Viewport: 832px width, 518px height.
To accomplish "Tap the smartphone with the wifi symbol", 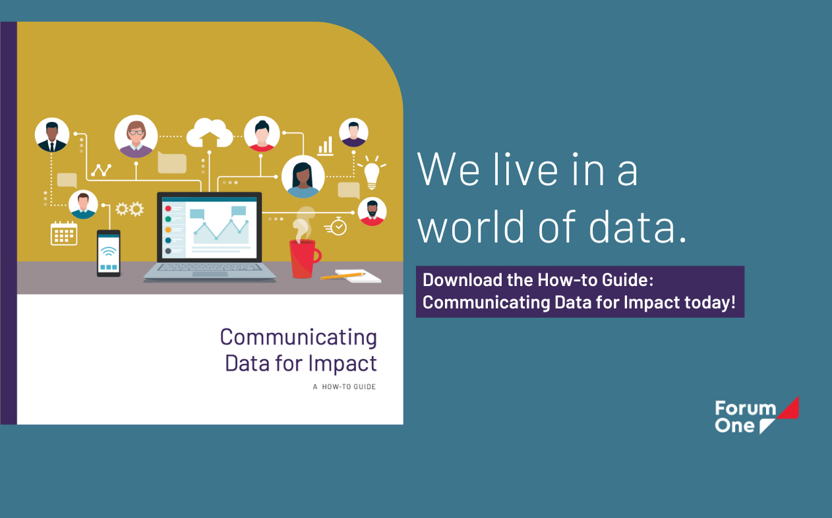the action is (x=109, y=253).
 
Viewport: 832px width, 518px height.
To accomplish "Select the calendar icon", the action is (x=64, y=233).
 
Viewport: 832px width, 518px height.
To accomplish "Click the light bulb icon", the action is (x=372, y=173).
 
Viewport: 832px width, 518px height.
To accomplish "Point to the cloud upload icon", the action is (x=210, y=133).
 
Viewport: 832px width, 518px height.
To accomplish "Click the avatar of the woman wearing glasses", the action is (x=136, y=136).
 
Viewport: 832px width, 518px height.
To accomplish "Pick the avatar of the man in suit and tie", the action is (x=52, y=135).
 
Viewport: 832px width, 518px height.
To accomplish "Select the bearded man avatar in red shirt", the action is (x=372, y=212).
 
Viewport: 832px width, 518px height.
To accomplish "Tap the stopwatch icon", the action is (x=336, y=226).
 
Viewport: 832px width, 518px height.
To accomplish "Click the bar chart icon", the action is (x=326, y=146).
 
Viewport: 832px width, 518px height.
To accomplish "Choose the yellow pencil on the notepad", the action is (x=343, y=276).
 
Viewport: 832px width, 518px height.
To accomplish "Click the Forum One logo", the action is (x=757, y=415).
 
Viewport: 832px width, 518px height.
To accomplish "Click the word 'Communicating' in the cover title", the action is (x=298, y=337).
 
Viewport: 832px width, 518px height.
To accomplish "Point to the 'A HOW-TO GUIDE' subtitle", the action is (x=344, y=387).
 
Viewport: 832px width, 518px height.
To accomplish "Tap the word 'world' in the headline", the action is (x=471, y=226).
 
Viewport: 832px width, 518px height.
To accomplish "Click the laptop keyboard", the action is (x=210, y=268).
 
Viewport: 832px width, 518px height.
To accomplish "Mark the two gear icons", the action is (x=129, y=209).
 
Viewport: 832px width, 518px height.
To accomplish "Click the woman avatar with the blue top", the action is (x=303, y=177).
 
